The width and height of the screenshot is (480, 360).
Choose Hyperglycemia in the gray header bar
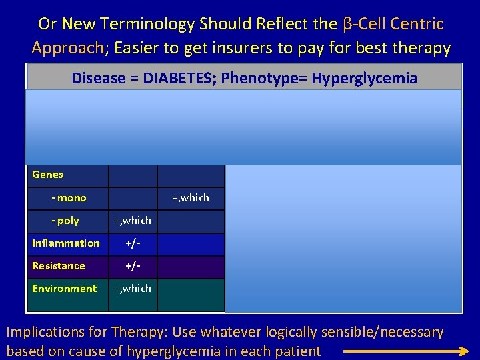pyautogui.click(x=363, y=78)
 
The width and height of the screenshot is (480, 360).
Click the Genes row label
pyautogui.click(x=48, y=175)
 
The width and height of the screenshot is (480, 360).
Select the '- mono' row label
pyautogui.click(x=69, y=197)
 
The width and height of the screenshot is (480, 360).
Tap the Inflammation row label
pyautogui.click(x=66, y=243)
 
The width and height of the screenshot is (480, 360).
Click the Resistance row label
pyautogui.click(x=59, y=266)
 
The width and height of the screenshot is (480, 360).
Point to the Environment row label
pyautogui.click(x=65, y=289)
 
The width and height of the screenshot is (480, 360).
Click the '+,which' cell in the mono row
pyautogui.click(x=191, y=197)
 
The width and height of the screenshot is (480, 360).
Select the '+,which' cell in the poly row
pyautogui.click(x=133, y=220)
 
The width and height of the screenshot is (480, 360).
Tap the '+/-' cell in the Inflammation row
pyautogui.click(x=133, y=243)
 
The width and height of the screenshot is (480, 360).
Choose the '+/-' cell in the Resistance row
pyautogui.click(x=133, y=266)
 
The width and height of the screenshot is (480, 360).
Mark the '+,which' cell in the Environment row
pyautogui.click(x=133, y=289)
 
